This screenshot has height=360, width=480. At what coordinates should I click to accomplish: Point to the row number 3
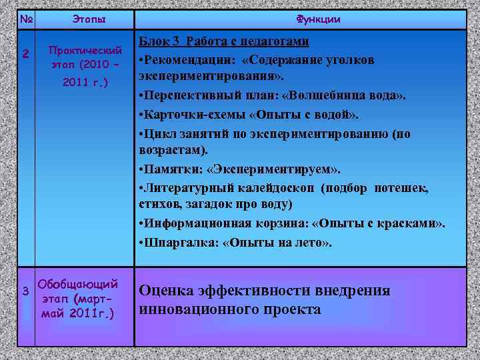click(x=25, y=291)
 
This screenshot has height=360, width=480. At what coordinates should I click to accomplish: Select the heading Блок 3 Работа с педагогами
click(x=224, y=42)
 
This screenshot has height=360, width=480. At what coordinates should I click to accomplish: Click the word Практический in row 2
click(x=85, y=51)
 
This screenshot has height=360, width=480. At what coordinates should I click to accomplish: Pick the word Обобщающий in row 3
click(x=79, y=283)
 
